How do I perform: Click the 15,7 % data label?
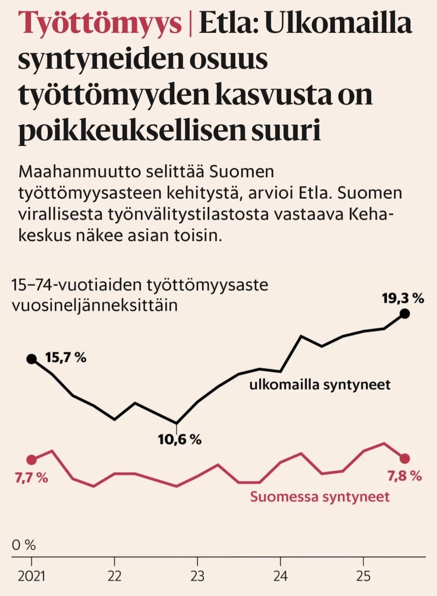pos(66,358)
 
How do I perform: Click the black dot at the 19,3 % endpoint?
pos(405,313)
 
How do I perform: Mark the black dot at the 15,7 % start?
pos(31,359)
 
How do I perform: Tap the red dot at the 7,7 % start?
pos(31,460)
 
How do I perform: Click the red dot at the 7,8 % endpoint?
pos(405,458)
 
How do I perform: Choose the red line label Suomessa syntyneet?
pos(320,496)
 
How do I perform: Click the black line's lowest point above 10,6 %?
pos(176,423)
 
